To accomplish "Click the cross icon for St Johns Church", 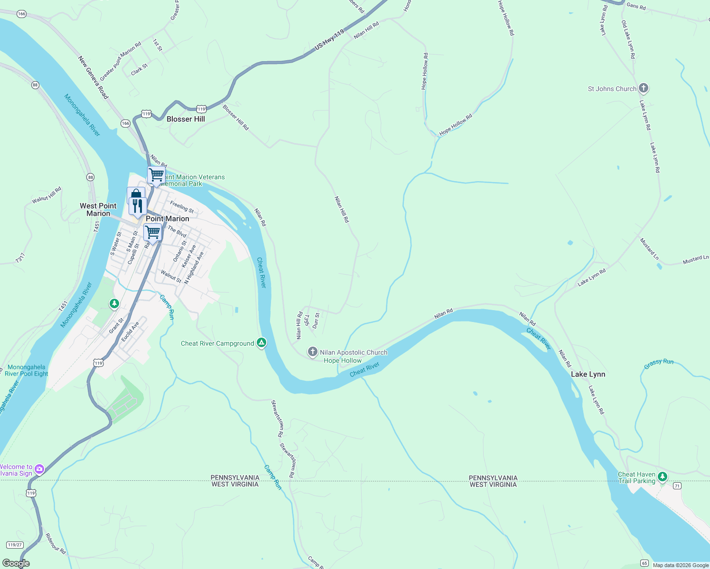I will [x=644, y=88].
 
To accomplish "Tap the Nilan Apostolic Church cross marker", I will [x=312, y=352].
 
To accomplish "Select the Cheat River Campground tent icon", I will [x=262, y=343].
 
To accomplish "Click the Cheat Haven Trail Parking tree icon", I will [x=663, y=477].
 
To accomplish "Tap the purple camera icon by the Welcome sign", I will [x=39, y=469].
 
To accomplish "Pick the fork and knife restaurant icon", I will [x=137, y=206].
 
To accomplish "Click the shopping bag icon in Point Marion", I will [x=136, y=194].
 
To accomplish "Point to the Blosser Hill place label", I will [x=186, y=119].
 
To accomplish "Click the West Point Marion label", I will [x=98, y=210].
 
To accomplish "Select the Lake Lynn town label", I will [x=588, y=374].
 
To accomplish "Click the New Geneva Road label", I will [x=93, y=78].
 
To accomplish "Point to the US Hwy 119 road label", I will [x=329, y=40].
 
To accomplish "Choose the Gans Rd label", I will [x=636, y=6].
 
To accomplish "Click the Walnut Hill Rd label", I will [x=47, y=195].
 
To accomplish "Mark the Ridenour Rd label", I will [x=56, y=543].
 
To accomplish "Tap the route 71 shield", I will [x=677, y=486].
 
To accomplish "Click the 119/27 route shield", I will [x=15, y=545].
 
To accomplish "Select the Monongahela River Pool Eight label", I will [x=27, y=370].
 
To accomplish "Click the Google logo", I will [x=16, y=563].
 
